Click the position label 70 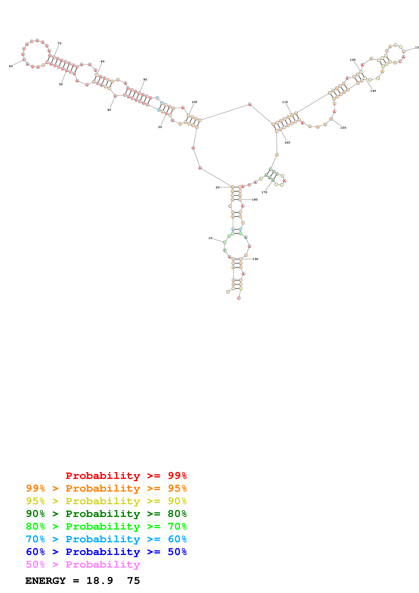point(59,43)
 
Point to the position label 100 point(194,102)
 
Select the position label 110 point(285,102)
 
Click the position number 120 point(353,60)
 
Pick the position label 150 point(343,128)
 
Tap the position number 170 point(264,192)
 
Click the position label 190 point(255,259)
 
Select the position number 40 point(109,110)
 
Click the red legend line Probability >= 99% point(126,476)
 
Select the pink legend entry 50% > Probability point(83,565)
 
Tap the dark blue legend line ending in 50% point(106,552)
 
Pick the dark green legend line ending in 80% point(106,514)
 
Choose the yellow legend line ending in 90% point(106,501)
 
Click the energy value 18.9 point(100,581)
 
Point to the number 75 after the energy point(134,581)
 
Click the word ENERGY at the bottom point(45,581)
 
